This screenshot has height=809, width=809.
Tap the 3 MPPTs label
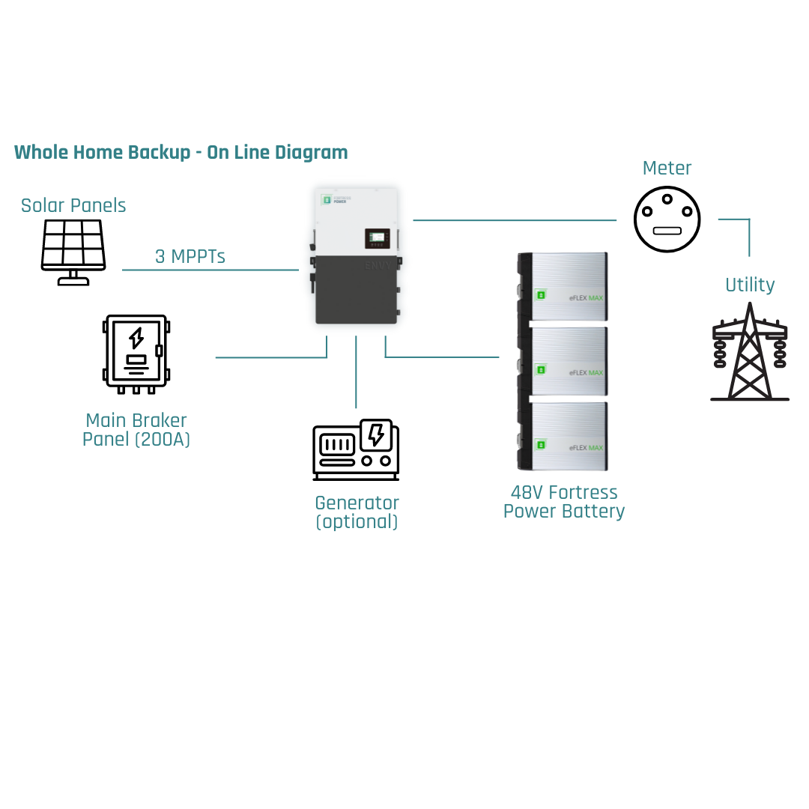(190, 256)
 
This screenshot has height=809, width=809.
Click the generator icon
(356, 449)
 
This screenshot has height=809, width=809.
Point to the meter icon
(667, 219)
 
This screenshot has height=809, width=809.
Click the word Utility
(749, 285)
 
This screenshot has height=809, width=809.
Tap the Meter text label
(667, 169)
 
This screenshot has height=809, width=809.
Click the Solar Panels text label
(73, 205)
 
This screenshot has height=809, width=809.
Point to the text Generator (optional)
(357, 512)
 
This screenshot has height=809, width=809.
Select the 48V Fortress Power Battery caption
(563, 502)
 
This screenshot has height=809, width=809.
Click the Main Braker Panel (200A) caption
(136, 430)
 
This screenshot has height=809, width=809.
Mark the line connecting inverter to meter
(514, 220)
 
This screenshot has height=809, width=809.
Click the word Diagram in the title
(311, 153)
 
